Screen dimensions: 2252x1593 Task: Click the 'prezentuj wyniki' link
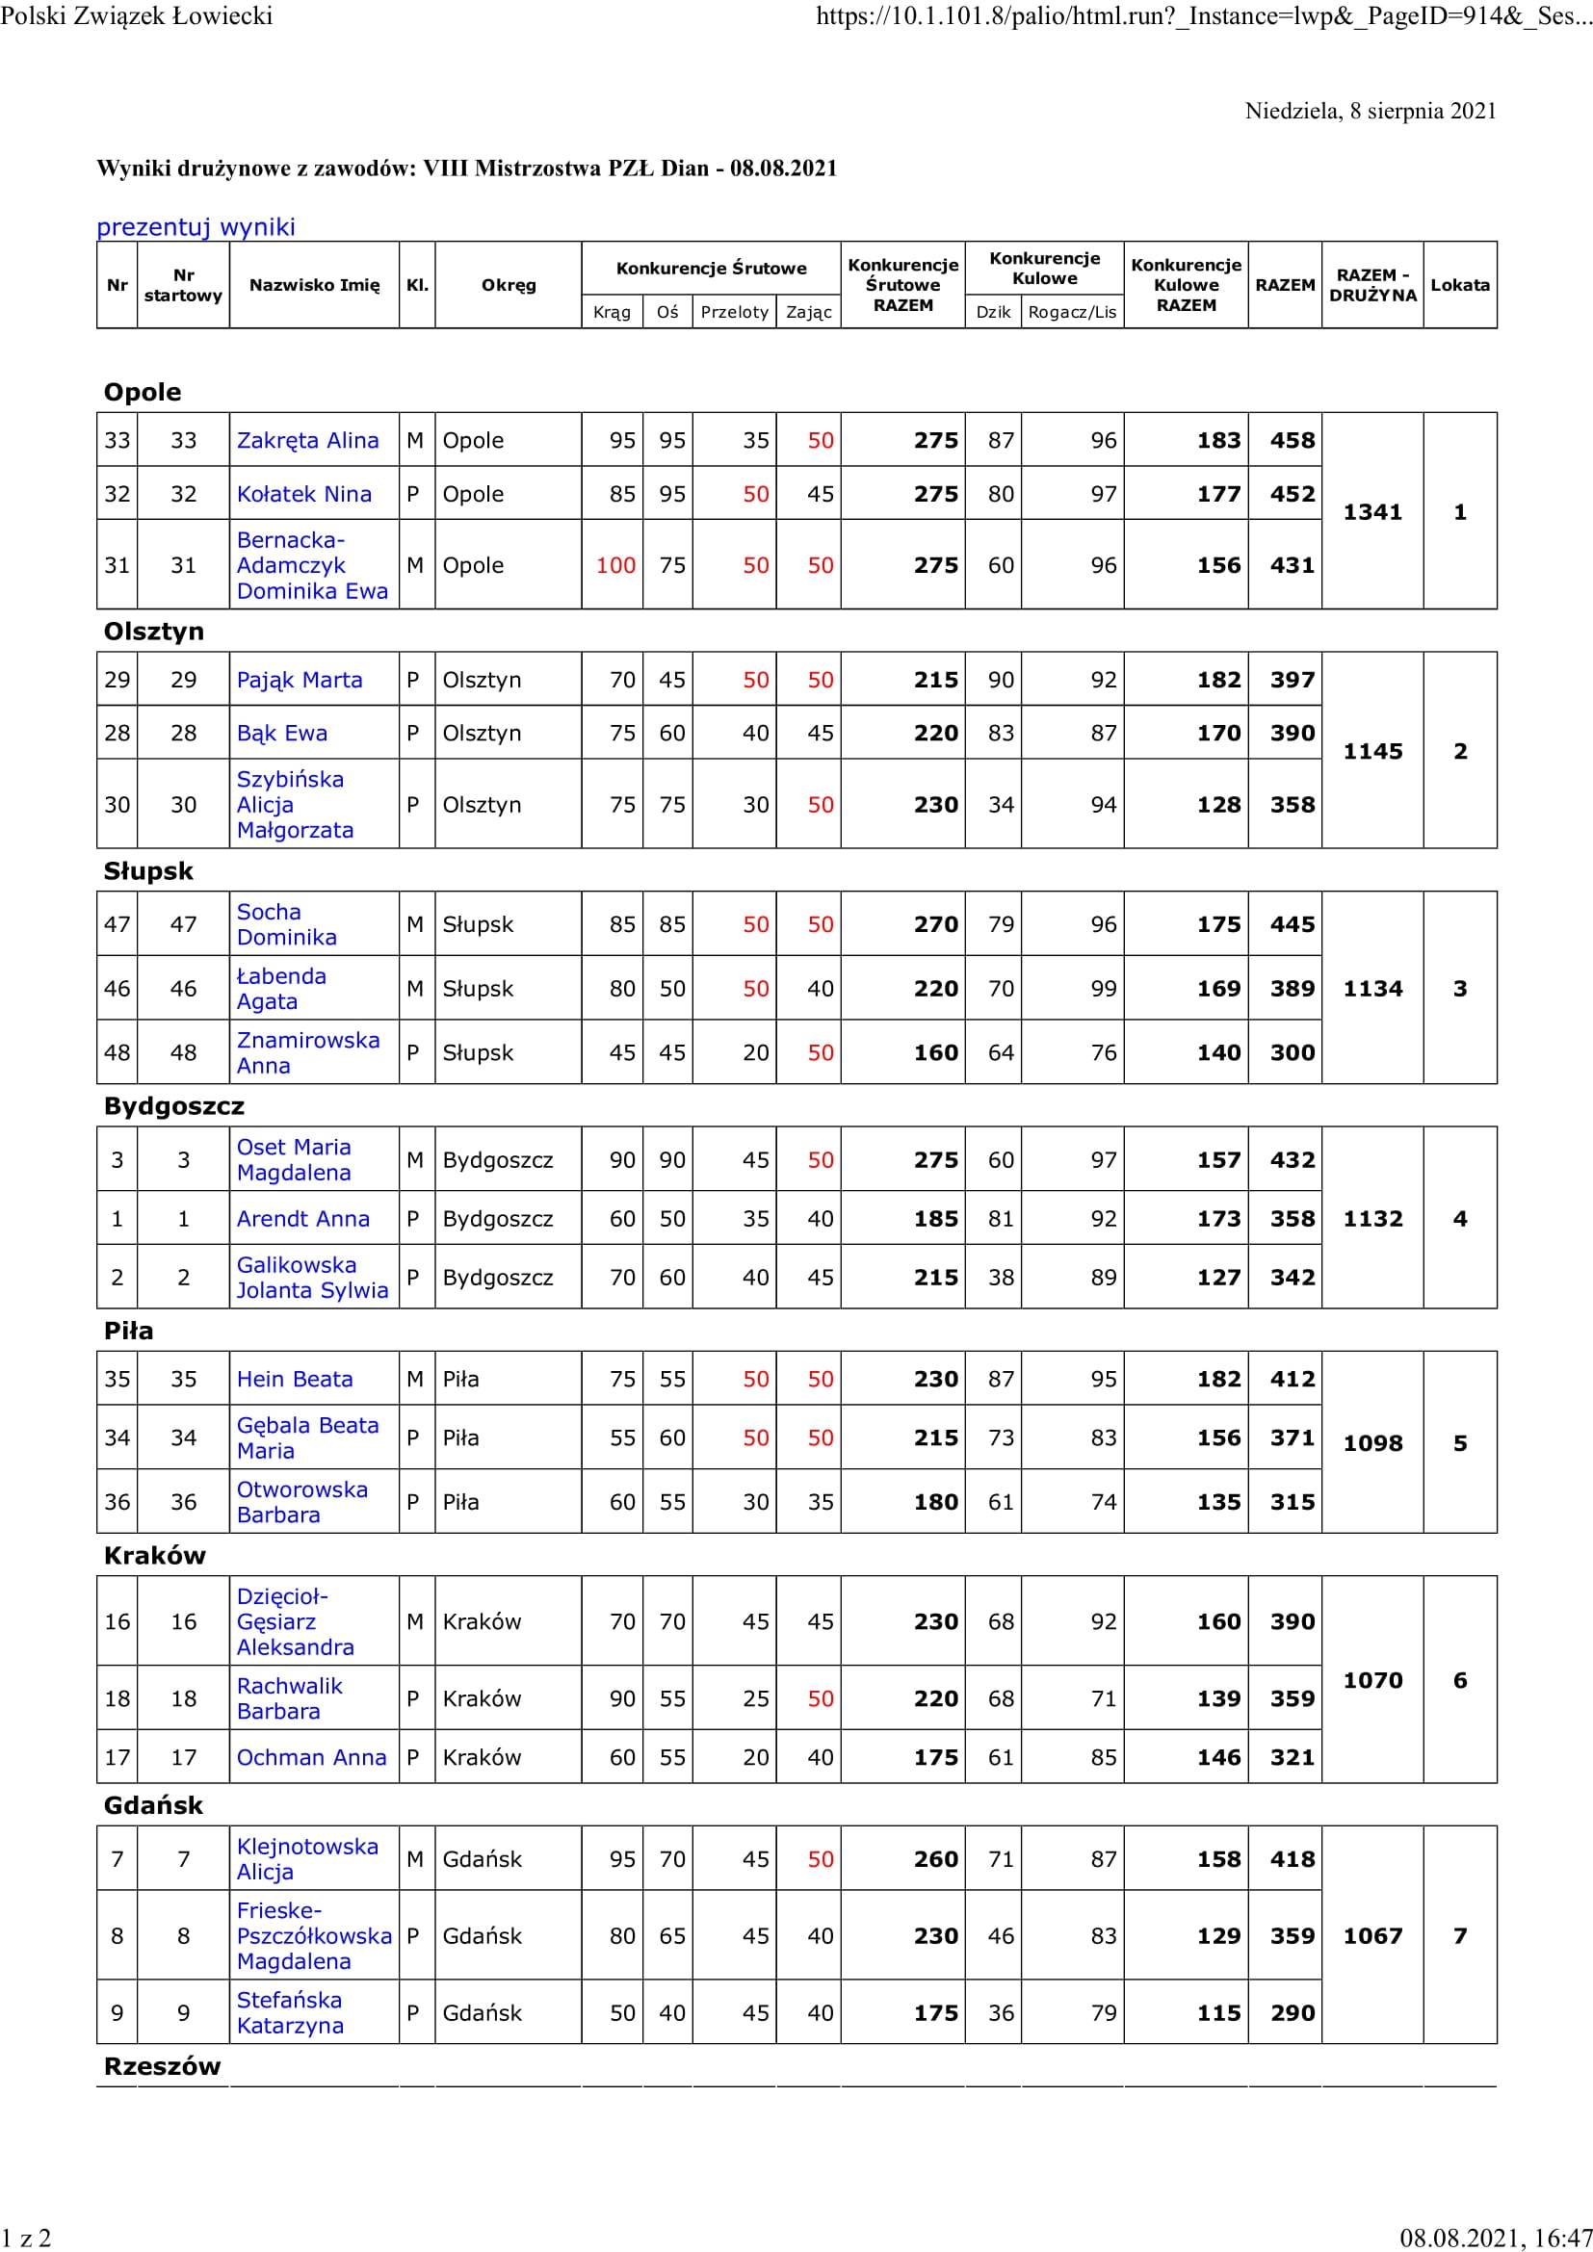[196, 226]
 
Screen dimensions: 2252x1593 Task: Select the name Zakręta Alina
[307, 440]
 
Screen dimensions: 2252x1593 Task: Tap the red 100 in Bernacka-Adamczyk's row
[615, 565]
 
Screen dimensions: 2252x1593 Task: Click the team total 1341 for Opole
[1371, 512]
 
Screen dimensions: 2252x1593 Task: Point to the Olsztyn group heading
[154, 631]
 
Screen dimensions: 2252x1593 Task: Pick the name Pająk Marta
[300, 680]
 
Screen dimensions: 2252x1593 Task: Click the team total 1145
[1371, 751]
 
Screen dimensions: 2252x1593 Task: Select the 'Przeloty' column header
[734, 312]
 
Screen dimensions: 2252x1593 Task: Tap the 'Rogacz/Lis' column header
[1071, 312]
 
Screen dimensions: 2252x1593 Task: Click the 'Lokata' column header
[1458, 284]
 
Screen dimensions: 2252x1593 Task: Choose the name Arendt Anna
[302, 1218]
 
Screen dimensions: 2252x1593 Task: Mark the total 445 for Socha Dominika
[1292, 924]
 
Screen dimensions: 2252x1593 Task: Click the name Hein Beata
[295, 1379]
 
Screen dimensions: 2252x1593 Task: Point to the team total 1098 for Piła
[1371, 1443]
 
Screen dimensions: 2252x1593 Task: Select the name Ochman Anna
[311, 1758]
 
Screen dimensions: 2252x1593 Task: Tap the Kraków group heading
[155, 1556]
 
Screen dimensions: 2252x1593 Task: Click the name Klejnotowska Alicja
[307, 1858]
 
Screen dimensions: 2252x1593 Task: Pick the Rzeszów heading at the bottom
[162, 2066]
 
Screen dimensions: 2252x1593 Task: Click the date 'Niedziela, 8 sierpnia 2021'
[1371, 111]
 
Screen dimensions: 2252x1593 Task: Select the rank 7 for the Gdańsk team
[1458, 1935]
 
